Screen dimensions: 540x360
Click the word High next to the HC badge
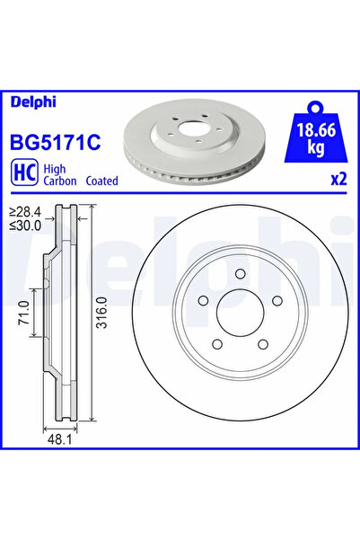(x=57, y=166)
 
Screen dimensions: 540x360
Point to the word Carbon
(x=60, y=181)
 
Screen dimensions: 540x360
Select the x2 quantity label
(x=338, y=179)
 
